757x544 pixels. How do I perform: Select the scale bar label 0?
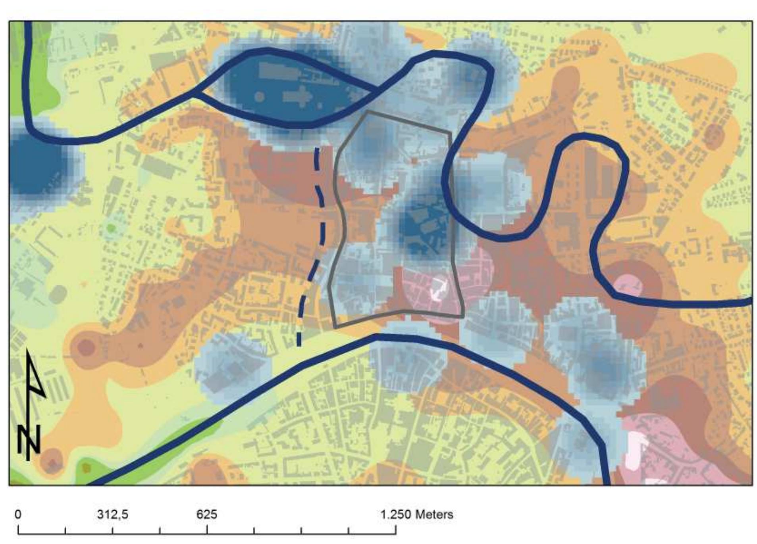coord(18,514)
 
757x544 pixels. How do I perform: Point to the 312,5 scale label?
coord(113,514)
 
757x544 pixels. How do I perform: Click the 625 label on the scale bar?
coord(206,514)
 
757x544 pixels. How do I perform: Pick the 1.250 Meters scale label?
coord(417,514)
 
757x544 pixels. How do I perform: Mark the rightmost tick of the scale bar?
coord(395,530)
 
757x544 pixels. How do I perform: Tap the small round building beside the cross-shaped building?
coord(259,96)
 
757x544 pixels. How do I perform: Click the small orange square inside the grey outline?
coord(414,161)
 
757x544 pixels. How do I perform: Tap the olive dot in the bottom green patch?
coord(87,468)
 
